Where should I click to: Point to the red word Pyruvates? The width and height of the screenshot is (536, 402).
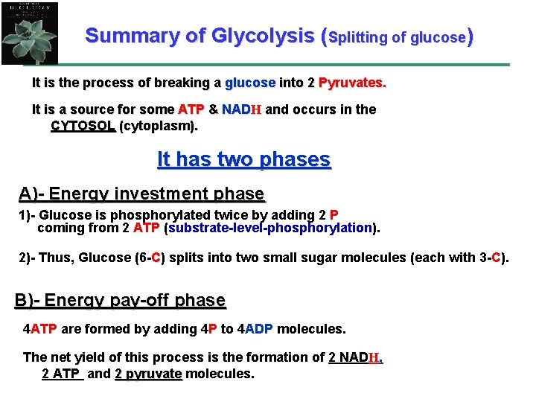pyautogui.click(x=352, y=83)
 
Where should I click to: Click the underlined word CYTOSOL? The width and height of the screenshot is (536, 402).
pyautogui.click(x=83, y=126)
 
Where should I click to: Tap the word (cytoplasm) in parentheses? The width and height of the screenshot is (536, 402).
pyautogui.click(x=159, y=126)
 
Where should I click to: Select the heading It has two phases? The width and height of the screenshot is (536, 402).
pyautogui.click(x=243, y=159)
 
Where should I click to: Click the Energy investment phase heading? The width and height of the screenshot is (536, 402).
pyautogui.click(x=141, y=194)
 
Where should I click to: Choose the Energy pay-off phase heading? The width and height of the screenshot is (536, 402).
pyautogui.click(x=120, y=300)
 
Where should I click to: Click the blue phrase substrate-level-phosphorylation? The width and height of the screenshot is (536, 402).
pyautogui.click(x=269, y=228)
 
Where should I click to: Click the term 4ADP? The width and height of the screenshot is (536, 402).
pyautogui.click(x=259, y=328)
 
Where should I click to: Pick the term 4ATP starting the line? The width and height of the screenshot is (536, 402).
pyautogui.click(x=40, y=328)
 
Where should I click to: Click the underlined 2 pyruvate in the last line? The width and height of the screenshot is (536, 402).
pyautogui.click(x=149, y=373)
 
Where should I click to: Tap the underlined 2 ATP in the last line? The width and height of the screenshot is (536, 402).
pyautogui.click(x=61, y=373)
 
